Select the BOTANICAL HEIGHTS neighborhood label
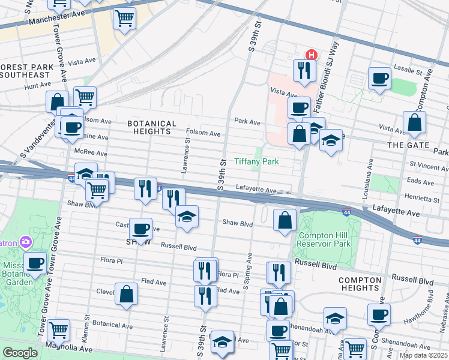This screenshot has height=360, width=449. coord(152,127)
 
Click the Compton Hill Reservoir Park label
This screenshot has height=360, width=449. coord(324,239)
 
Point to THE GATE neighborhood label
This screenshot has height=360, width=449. coord(408,145)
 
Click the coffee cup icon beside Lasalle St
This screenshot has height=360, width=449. coord(379,78)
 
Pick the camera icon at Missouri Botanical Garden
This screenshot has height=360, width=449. coord(25,242)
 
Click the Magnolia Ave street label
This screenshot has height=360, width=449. coord(66,348)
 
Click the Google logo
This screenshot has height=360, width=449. coord(20,353)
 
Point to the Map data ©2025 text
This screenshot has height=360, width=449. coord(423,355)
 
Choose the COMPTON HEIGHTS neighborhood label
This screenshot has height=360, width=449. coord(360,284)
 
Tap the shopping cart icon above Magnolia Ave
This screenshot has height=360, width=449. coord(58,329)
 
